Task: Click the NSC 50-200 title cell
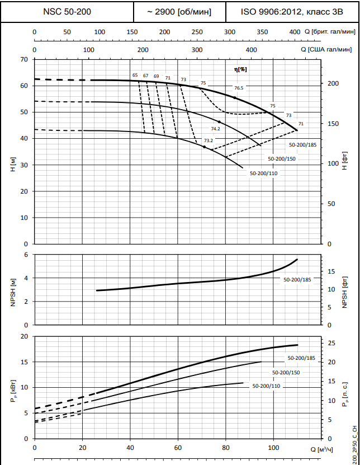click(68, 12)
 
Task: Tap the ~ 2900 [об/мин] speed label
click(179, 12)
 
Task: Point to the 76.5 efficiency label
click(239, 88)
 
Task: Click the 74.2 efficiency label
click(215, 129)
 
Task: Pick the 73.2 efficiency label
click(208, 140)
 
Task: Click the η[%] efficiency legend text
click(240, 69)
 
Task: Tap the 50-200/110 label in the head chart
click(264, 173)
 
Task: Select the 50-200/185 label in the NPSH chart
click(297, 279)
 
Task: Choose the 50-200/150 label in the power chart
click(286, 372)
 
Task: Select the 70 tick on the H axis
click(24, 59)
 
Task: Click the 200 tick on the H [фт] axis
click(333, 83)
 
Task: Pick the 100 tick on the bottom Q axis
click(274, 448)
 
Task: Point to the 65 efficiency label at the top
click(135, 75)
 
